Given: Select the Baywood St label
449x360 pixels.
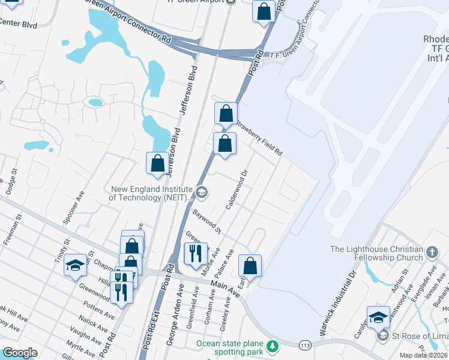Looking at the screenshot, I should (x=207, y=221).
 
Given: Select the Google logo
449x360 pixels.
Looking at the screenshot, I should (x=20, y=353).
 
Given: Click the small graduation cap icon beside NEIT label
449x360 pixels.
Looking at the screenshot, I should (x=202, y=193).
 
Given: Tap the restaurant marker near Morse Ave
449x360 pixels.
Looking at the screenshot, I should (x=195, y=253).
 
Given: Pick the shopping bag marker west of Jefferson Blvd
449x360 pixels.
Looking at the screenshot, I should (x=157, y=163).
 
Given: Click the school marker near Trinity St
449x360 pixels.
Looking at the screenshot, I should (x=76, y=266).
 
